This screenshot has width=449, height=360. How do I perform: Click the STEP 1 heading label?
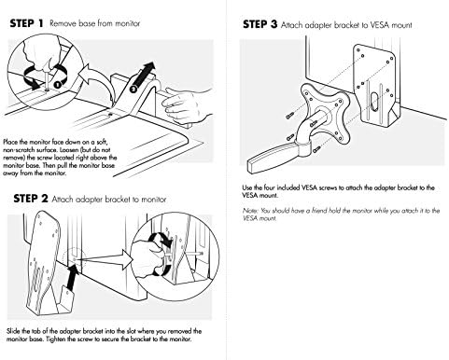[26, 23]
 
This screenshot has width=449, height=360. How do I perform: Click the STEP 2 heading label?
[31, 199]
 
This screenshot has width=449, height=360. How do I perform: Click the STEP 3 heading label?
[260, 24]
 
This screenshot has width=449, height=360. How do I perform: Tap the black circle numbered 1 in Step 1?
[57, 84]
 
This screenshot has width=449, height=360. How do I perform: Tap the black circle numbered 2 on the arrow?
[133, 89]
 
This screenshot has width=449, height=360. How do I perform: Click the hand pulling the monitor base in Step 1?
[187, 104]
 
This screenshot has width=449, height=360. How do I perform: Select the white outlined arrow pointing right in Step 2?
[105, 260]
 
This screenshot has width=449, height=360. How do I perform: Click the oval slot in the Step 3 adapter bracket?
[373, 102]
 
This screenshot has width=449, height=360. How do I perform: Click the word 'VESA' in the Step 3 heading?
[380, 25]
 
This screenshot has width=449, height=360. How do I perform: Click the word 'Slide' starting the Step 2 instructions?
[13, 331]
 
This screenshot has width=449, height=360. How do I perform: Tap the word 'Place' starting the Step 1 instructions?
[10, 142]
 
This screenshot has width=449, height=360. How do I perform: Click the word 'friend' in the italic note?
[317, 211]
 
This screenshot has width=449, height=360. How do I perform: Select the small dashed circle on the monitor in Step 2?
[74, 258]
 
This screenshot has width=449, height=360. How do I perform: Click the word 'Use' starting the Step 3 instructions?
[247, 187]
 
